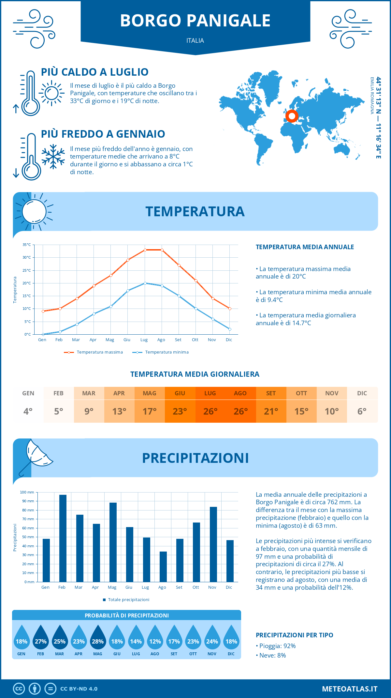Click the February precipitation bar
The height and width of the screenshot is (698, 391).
pyautogui.click(x=63, y=538)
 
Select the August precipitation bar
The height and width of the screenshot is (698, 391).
pyautogui.click(x=163, y=567)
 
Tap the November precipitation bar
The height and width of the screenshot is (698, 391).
pyautogui.click(x=213, y=544)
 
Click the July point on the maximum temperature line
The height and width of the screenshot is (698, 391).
pyautogui.click(x=145, y=250)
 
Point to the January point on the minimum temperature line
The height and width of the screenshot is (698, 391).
pyautogui.click(x=43, y=334)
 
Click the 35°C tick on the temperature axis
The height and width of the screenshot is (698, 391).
pyautogui.click(x=27, y=245)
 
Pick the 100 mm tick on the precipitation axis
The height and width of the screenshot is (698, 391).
pyautogui.click(x=27, y=492)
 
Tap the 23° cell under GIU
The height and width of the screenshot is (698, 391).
pyautogui.click(x=180, y=411)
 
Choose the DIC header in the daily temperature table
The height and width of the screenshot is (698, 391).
pyautogui.click(x=362, y=393)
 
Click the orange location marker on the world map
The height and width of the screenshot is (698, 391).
pyautogui.click(x=292, y=116)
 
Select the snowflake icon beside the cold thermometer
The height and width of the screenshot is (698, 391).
pyautogui.click(x=53, y=157)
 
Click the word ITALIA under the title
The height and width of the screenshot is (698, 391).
pyautogui.click(x=195, y=40)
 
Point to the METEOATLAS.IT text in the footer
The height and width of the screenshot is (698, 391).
pyautogui.click(x=350, y=689)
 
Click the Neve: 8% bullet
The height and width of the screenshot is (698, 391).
pyautogui.click(x=271, y=655)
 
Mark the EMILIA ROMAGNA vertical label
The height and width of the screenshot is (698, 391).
pyautogui.click(x=372, y=96)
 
